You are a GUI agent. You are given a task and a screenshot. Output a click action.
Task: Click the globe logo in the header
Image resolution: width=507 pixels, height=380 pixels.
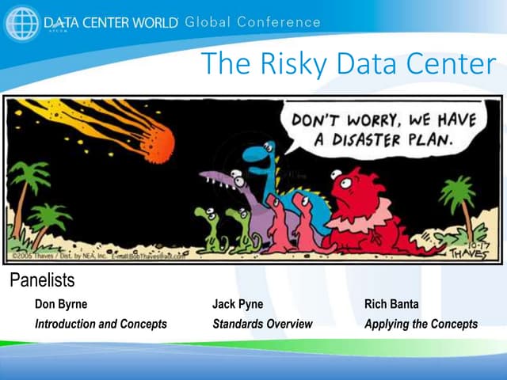(21, 23)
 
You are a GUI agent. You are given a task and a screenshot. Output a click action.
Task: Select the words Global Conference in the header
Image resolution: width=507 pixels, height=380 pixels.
(252, 21)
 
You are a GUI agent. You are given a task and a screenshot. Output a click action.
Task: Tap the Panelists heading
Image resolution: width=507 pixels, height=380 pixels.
(42, 280)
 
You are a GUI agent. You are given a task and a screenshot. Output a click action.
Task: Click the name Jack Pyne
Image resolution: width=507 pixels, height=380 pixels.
(238, 304)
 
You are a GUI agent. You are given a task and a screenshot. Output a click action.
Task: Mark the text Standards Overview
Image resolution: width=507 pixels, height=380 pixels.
(262, 324)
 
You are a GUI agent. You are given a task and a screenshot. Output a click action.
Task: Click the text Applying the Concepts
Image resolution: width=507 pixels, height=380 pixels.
(421, 324)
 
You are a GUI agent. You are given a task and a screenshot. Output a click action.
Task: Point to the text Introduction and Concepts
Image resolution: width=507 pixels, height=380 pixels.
(101, 324)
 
